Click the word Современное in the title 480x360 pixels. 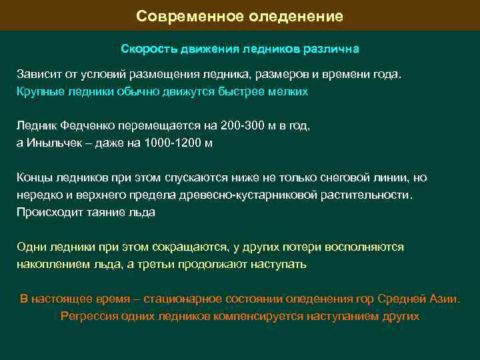click(x=175, y=16)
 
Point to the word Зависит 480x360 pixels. click(x=37, y=73)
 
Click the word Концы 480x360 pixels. click(x=33, y=177)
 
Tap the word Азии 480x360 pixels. click(x=443, y=299)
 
